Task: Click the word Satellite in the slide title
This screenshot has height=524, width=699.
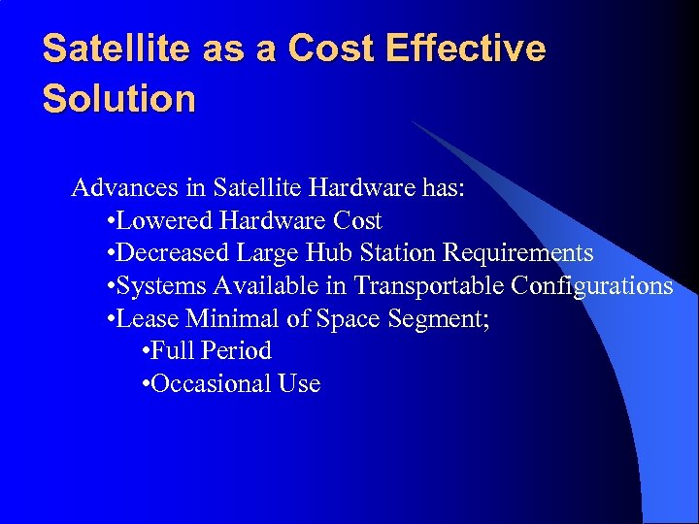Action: click(117, 49)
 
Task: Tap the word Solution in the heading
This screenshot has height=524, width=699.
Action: click(119, 98)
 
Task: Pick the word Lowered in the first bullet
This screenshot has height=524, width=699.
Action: click(166, 221)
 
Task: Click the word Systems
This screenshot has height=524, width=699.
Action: click(161, 286)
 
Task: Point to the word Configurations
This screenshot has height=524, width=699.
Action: click(592, 286)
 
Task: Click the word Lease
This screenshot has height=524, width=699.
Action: click(148, 318)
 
